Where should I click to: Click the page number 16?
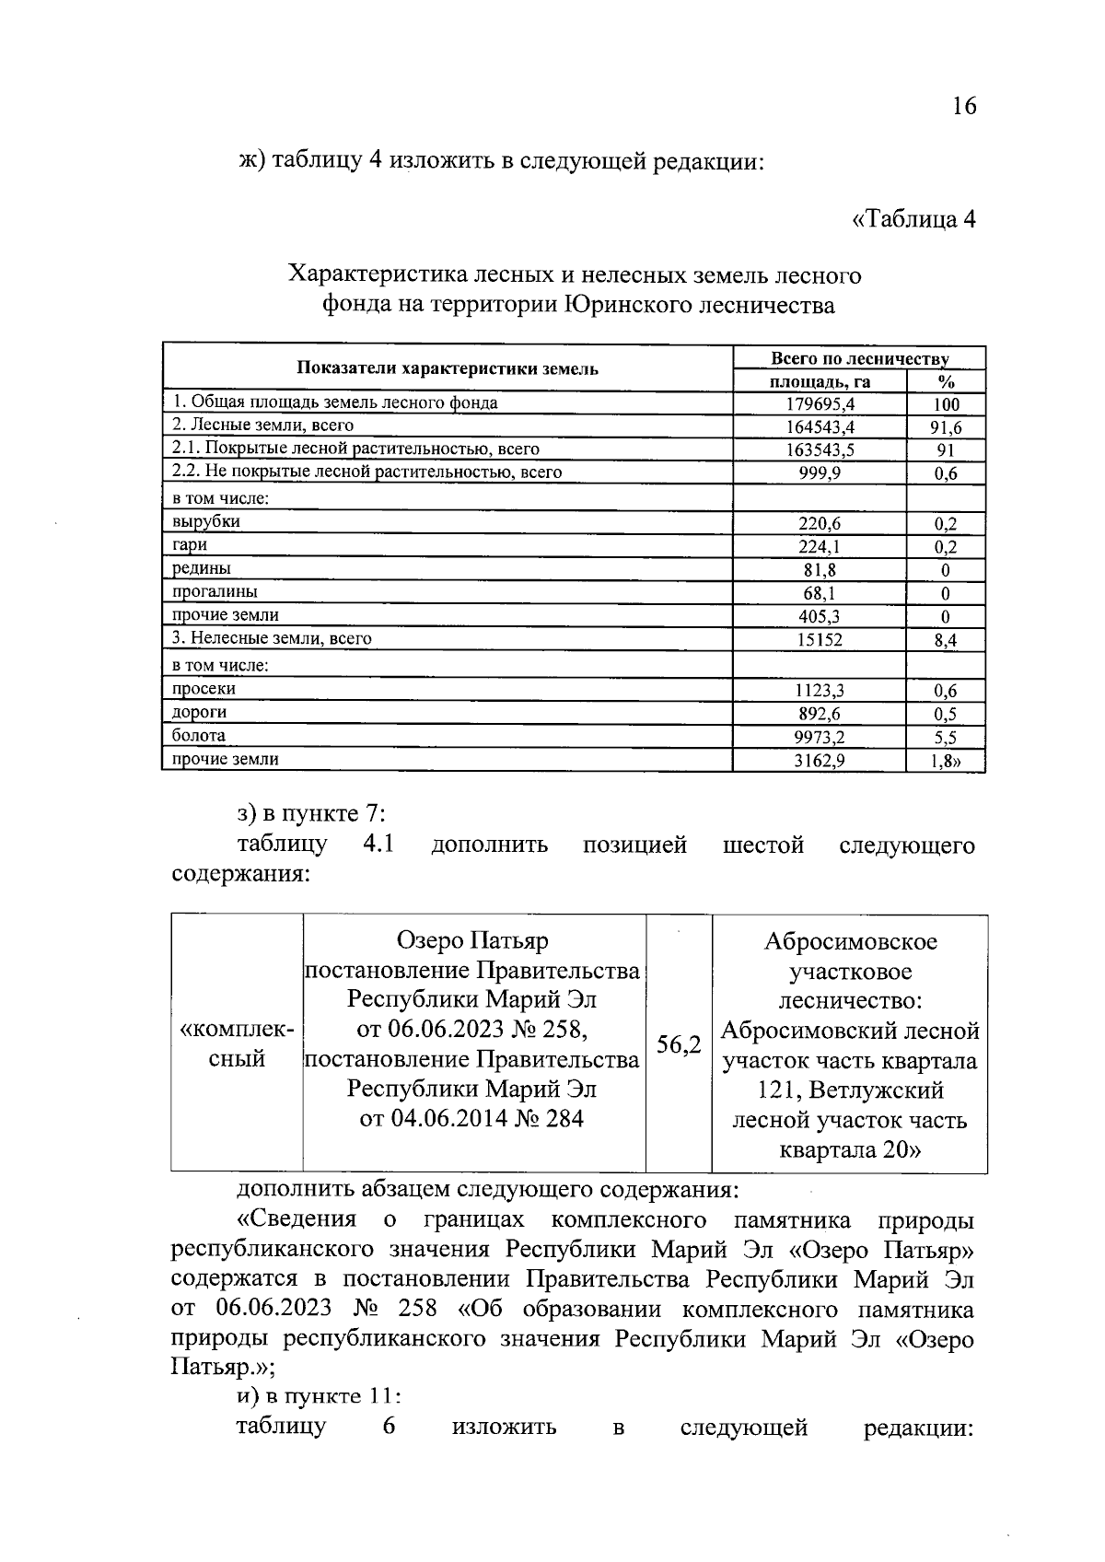click(x=963, y=106)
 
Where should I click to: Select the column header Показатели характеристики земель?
click(x=448, y=369)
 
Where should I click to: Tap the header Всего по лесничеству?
click(x=859, y=359)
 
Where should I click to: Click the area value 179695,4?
click(x=820, y=404)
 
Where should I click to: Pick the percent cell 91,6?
click(x=946, y=427)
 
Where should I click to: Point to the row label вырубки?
click(x=206, y=522)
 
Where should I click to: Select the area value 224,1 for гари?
click(x=820, y=547)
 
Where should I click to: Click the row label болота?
click(x=199, y=736)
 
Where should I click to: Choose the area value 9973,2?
click(x=820, y=737)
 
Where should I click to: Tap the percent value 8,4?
click(x=946, y=640)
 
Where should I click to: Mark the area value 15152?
click(x=820, y=639)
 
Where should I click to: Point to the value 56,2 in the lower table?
click(x=679, y=1044)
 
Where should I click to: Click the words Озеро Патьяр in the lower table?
click(x=472, y=941)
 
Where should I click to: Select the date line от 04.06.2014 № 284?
click(x=472, y=1119)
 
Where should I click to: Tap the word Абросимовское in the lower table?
click(x=850, y=942)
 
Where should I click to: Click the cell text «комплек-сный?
click(x=237, y=1044)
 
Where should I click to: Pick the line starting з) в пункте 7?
click(x=310, y=814)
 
